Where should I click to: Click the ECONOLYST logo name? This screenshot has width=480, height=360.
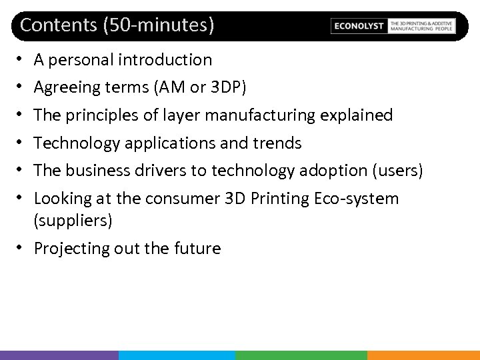(x=359, y=26)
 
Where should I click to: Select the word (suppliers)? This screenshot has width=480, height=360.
(x=73, y=221)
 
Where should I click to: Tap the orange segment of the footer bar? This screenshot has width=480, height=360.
(x=423, y=355)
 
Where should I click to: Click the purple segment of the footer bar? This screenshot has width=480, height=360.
(x=59, y=355)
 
